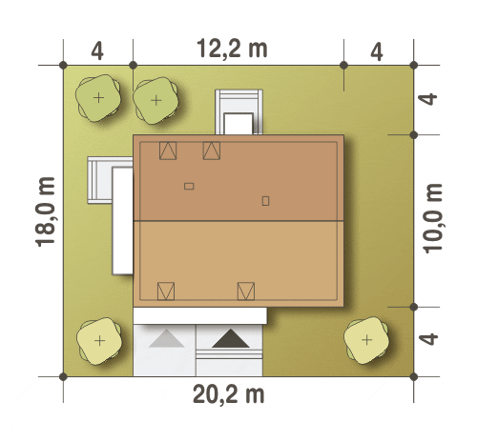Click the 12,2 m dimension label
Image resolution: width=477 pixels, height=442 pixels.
232,49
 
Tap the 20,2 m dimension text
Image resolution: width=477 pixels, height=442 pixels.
229,394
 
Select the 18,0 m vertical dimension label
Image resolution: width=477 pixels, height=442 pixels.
45,211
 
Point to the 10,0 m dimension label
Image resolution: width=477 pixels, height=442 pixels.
434,218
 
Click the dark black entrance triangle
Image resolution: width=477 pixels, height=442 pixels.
231,339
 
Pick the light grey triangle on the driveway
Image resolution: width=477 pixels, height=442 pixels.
166,339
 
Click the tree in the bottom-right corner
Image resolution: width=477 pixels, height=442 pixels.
366,340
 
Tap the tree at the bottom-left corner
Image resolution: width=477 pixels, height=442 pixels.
99,341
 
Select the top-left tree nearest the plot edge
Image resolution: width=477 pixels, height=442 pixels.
98,98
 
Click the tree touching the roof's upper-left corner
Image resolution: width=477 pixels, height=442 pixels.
156,101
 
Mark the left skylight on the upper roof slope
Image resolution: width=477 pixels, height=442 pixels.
168,151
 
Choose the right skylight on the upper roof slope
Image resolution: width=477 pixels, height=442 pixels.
212,151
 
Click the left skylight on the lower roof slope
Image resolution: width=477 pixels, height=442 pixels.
166,291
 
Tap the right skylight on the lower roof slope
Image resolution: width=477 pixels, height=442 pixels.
246,291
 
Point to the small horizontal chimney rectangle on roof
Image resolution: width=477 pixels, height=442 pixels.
189,186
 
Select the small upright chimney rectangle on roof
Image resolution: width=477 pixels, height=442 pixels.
265,201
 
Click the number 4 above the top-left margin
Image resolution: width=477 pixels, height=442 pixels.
97,51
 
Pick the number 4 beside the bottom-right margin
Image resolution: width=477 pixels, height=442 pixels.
428,339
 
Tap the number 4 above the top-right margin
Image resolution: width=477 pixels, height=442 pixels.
377,52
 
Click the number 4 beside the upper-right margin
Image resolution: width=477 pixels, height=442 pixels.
428,99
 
